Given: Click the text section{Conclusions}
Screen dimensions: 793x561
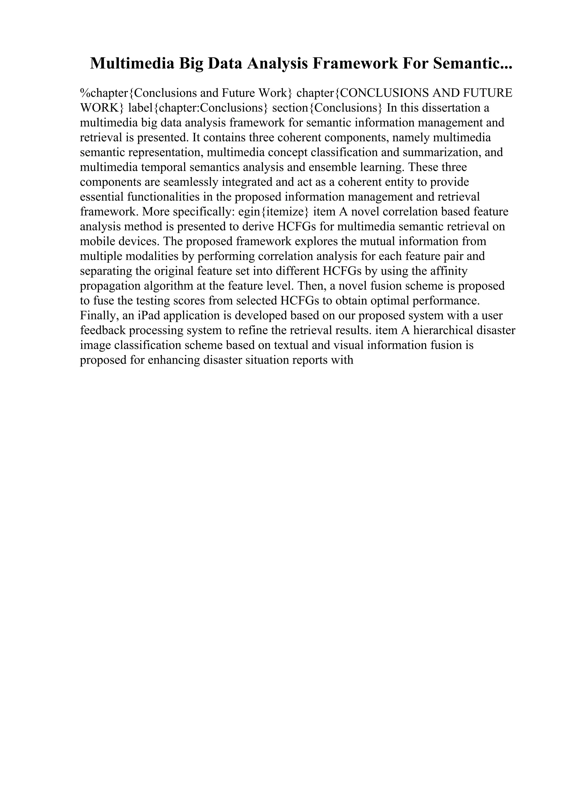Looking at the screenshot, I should (x=327, y=108).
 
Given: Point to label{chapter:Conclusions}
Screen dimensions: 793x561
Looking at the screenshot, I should (x=198, y=108).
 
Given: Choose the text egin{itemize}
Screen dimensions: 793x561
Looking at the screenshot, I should (x=273, y=212).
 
